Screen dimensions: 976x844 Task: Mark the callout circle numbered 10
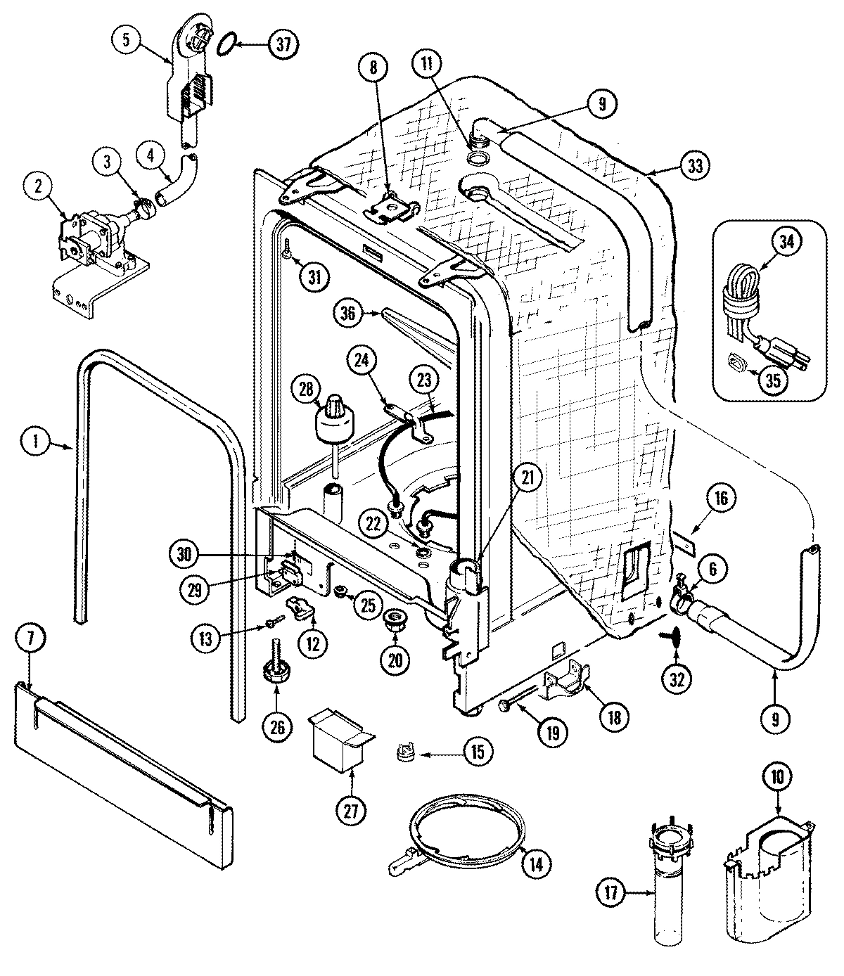781,777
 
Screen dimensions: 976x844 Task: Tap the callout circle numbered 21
527,477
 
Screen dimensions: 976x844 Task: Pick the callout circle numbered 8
373,68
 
